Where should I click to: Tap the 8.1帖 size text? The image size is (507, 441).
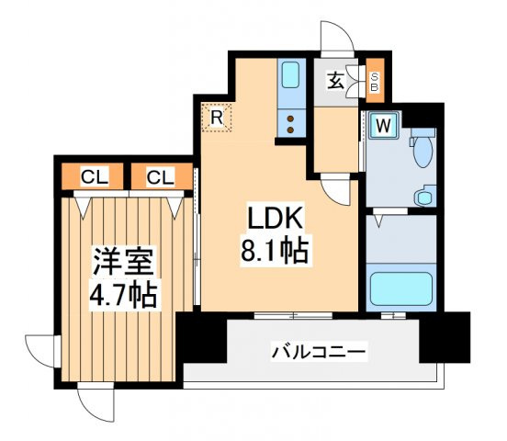point(274,248)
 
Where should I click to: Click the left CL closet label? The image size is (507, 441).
point(90,175)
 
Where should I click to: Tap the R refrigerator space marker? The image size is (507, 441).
point(218,118)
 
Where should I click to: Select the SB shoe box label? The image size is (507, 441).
point(375,84)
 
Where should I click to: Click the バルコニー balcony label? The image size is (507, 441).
point(319,351)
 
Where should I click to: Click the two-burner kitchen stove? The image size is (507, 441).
point(291,123)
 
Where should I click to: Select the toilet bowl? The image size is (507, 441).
point(423,149)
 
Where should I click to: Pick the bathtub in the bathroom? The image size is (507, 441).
point(400,288)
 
